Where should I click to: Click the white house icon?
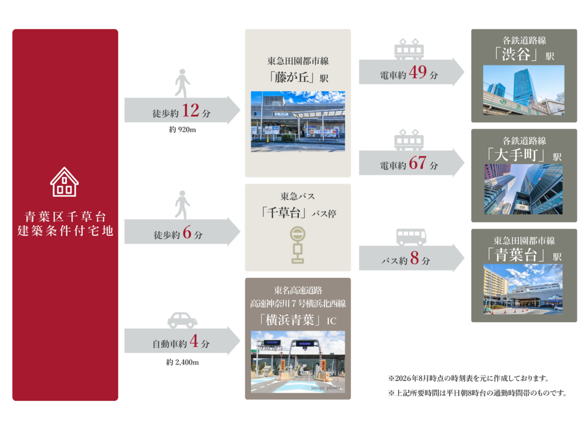64,182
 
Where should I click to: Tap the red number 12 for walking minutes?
191,111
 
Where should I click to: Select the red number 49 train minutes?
417,72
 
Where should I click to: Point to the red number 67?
417,163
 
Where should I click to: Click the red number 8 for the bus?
415,258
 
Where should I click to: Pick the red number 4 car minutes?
194,341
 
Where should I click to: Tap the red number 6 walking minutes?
187,233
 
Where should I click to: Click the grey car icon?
182,320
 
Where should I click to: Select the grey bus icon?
411,237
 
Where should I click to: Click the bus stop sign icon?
297,245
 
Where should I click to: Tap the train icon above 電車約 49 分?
409,49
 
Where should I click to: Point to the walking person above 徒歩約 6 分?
182,205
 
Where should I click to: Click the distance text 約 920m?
182,130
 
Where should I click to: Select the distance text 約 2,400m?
182,362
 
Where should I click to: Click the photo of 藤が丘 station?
298,122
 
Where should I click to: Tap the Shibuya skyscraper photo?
524,90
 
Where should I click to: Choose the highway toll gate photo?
298,362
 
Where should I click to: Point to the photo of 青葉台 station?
523,289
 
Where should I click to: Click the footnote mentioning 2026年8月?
469,378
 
